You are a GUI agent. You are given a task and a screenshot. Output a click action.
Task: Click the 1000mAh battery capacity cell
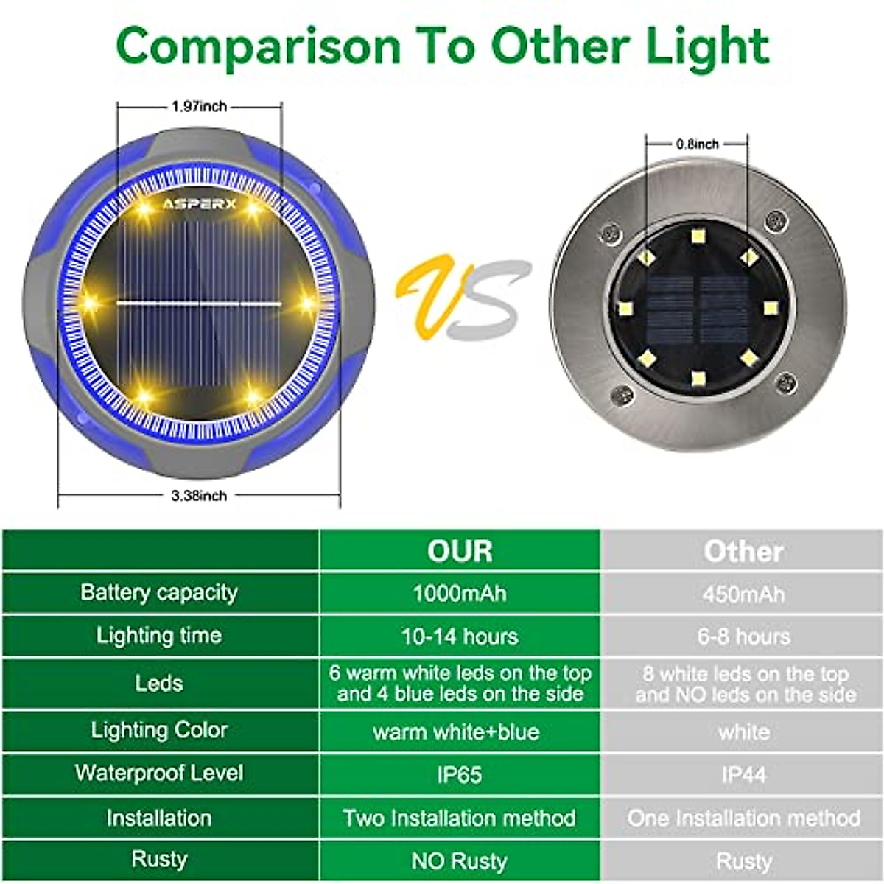point(460,593)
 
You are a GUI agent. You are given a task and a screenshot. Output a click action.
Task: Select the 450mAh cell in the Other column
point(743,594)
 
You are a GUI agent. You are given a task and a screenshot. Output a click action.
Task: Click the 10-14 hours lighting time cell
point(460,636)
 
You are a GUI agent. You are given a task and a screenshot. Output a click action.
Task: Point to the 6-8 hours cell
point(743,636)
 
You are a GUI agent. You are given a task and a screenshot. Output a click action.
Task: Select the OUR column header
point(460,551)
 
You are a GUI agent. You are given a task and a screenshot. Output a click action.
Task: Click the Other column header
point(743,551)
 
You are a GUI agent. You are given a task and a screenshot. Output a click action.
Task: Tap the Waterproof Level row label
point(159,773)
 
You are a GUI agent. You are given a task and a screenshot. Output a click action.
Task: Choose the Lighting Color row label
point(159,730)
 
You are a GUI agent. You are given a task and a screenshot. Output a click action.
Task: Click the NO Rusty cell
point(460,860)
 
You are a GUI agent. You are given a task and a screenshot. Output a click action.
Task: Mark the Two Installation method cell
point(460,818)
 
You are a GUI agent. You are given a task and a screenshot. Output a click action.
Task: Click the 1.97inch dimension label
point(199,106)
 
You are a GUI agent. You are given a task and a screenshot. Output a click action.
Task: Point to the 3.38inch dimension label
point(199,495)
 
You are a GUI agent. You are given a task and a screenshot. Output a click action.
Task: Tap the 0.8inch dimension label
point(698,144)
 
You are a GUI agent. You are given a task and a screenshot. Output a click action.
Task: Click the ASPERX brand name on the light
point(199,203)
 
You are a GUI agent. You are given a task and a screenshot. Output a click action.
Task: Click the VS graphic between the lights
point(463,298)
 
